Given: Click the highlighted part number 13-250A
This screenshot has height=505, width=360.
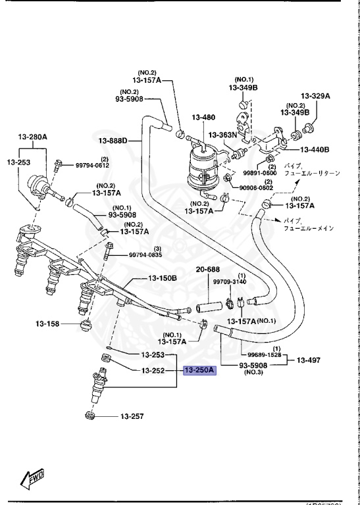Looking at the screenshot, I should coord(200,371).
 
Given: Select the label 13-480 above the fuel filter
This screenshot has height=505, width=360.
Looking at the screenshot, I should coord(204,118).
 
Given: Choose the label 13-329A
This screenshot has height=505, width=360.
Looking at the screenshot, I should coord(315,96).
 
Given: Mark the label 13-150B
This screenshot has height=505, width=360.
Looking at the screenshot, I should coord(162,277).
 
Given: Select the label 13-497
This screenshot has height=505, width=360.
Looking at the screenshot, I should coord(309,360).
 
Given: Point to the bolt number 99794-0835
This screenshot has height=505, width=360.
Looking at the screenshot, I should coord(145,254).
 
